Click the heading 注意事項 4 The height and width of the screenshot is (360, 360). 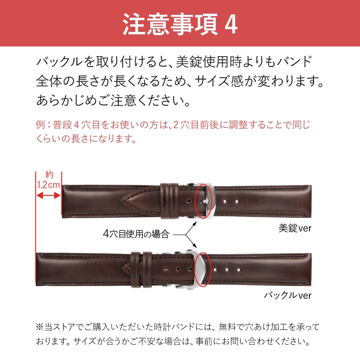click(180, 25)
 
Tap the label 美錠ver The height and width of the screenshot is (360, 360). click(295, 228)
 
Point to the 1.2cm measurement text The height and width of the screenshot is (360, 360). click(48, 185)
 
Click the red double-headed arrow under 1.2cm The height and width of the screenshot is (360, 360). click(48, 195)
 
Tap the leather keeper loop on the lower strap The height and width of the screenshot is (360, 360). click(140, 270)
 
